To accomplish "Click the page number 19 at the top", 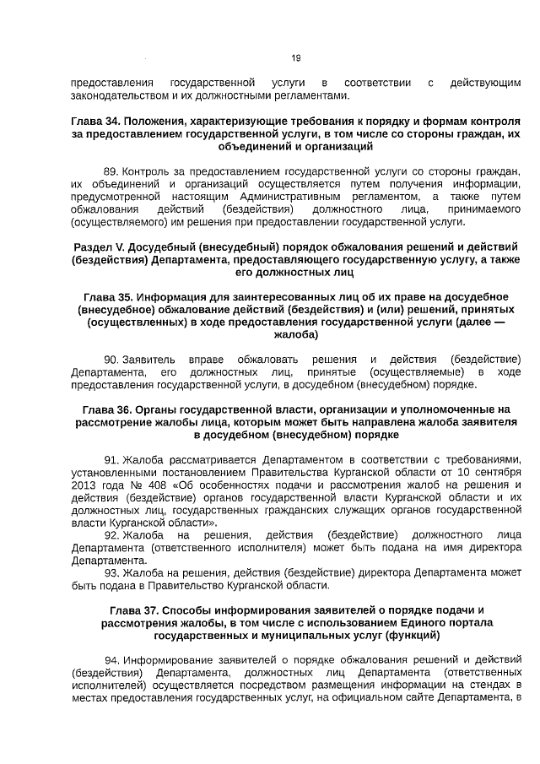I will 295,58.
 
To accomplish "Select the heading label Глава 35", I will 109,296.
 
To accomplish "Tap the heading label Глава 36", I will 111,409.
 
